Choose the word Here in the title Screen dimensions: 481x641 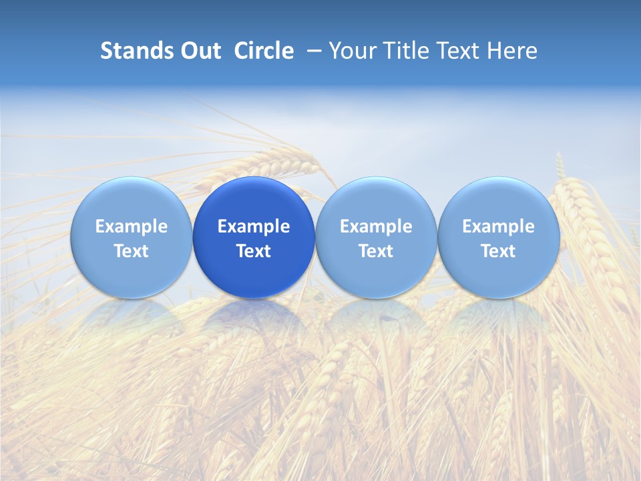[x=512, y=51]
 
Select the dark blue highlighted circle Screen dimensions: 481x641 [x=254, y=237]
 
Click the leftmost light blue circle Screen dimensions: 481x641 [x=131, y=237]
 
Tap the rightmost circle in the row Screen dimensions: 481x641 [x=498, y=237]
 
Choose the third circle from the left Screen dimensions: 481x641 [x=376, y=237]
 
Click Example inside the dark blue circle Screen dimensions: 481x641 [x=254, y=226]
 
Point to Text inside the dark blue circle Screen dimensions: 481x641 [x=254, y=251]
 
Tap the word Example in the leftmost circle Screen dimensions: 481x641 [x=131, y=226]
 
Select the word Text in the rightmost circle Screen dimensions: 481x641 [x=498, y=251]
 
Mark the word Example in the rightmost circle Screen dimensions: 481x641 [x=498, y=226]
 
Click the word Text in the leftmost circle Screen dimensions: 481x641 [x=131, y=251]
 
